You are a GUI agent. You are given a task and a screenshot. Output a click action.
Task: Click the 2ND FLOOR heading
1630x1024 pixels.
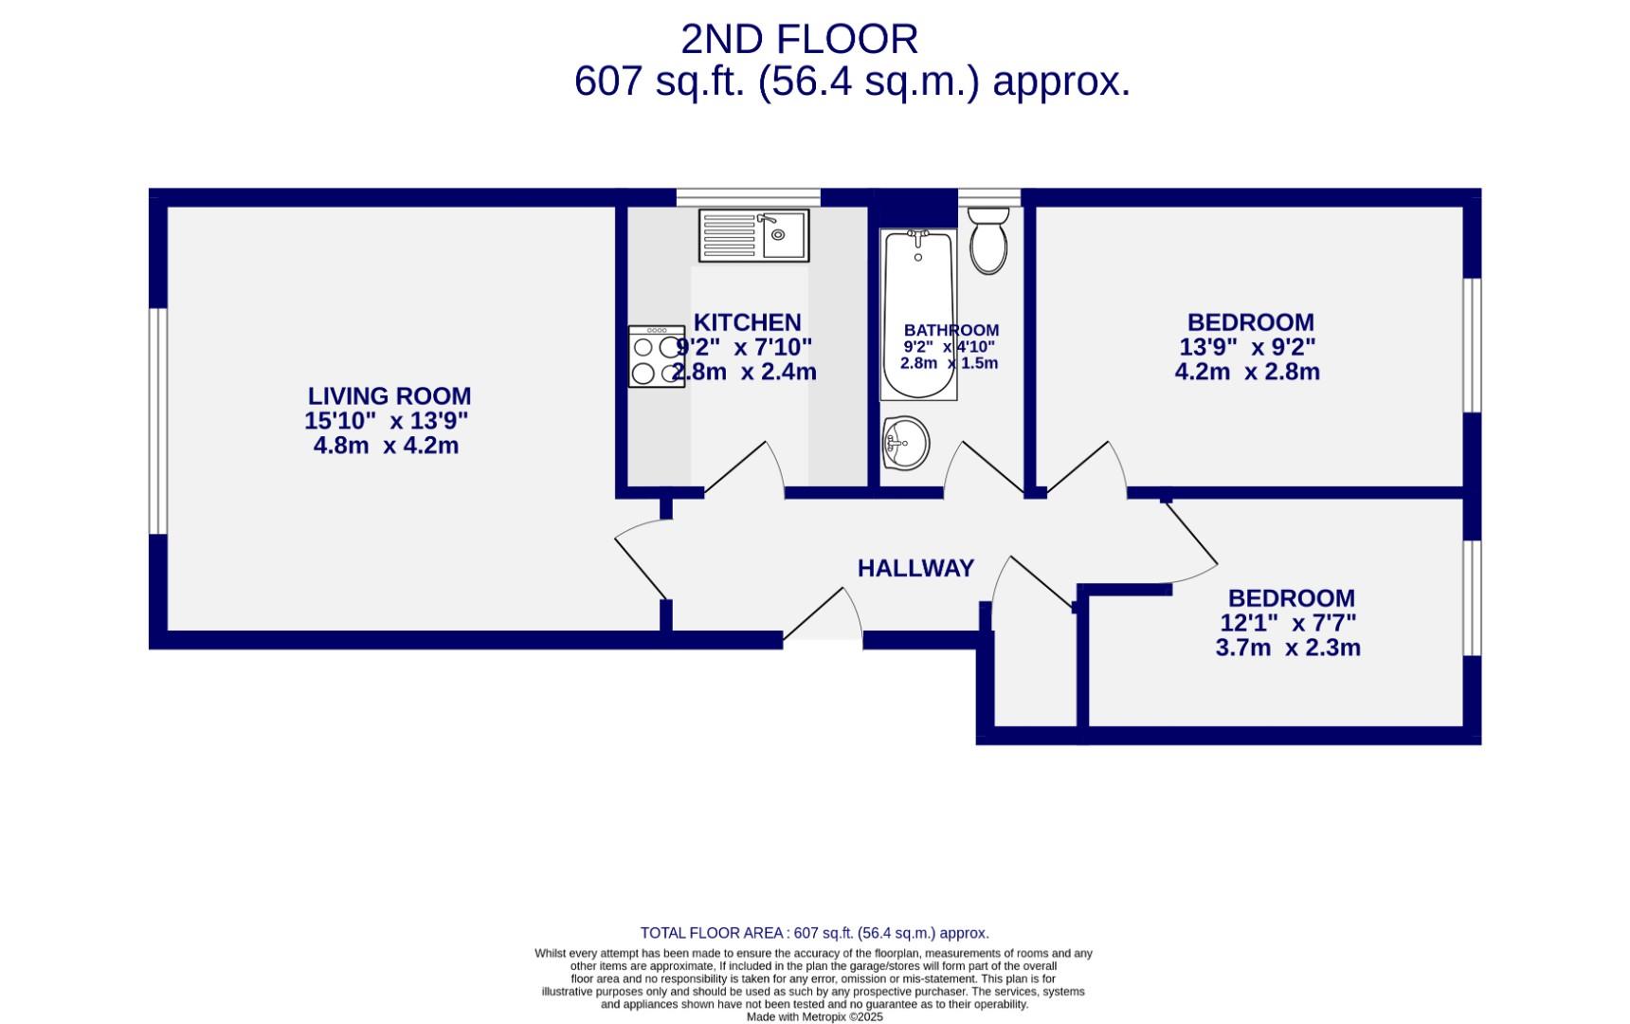pos(799,40)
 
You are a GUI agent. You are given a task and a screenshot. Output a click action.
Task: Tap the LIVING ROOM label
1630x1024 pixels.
pos(389,396)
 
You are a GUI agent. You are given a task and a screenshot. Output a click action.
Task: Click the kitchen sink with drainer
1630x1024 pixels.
pos(753,235)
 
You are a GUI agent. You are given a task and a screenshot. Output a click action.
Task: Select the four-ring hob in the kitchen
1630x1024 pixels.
pos(656,357)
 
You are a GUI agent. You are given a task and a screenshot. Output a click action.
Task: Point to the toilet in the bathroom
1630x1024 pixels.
pos(988,241)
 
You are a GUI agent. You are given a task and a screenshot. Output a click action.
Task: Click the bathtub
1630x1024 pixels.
pos(917,313)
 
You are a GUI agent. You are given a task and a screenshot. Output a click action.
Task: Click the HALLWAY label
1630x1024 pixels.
pos(915,568)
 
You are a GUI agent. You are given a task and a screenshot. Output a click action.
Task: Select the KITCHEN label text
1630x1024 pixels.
pos(747,322)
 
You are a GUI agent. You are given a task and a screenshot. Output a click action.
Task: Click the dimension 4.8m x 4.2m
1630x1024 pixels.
pos(386,446)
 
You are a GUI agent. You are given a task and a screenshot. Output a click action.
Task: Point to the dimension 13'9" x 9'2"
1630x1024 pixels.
pos(1247,347)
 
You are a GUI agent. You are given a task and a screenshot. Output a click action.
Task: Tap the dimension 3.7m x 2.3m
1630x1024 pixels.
pos(1288,649)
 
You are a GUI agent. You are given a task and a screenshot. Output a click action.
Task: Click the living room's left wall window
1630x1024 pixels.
pos(158,420)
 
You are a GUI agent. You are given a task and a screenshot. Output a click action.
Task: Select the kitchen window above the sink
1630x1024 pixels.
pos(748,197)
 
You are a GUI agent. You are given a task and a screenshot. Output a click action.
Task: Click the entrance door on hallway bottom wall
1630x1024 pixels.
pos(823,618)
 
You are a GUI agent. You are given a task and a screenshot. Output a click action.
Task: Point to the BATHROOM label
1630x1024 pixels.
pos(951,330)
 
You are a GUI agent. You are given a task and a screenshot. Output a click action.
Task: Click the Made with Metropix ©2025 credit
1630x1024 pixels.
pos(814,1016)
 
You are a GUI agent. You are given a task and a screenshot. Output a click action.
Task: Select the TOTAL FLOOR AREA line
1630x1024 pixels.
pos(814,933)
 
